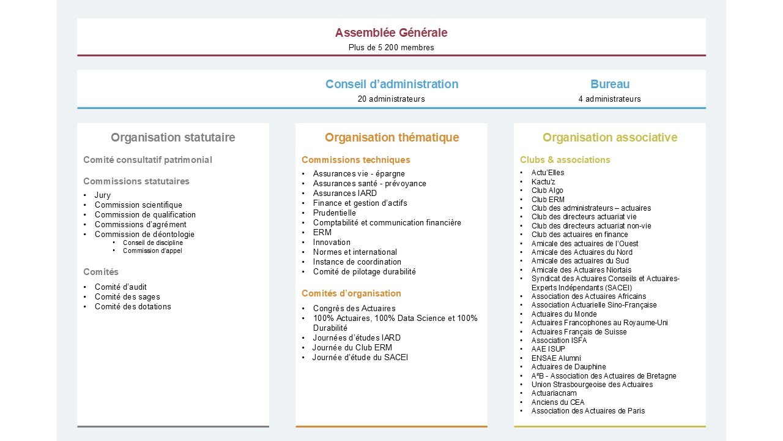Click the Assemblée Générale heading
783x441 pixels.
pos(391,33)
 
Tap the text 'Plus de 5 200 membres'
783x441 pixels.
pos(391,48)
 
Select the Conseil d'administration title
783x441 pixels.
pos(391,85)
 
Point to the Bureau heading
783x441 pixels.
pos(609,85)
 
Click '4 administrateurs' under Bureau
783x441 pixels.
pos(609,99)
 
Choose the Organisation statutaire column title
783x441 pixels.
pos(173,138)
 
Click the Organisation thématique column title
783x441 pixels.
pos(391,138)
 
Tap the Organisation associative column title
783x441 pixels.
pos(609,138)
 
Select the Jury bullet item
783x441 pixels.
pos(103,195)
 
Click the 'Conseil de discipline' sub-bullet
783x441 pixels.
pos(152,243)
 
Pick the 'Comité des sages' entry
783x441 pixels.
pos(127,297)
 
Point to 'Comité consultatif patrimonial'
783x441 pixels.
pos(147,160)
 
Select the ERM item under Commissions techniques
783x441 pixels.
pos(322,233)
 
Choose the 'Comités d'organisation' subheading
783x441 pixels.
pos(351,293)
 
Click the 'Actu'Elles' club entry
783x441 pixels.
pos(547,173)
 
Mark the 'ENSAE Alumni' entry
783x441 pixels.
pos(556,358)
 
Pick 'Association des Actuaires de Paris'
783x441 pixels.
pos(588,411)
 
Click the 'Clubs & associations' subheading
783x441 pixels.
pos(565,160)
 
